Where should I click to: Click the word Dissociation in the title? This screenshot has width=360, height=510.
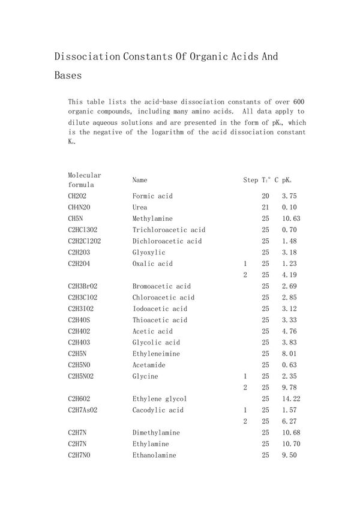(x=88, y=57)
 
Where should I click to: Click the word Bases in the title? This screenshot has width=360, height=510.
(x=68, y=76)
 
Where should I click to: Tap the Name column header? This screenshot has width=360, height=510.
(x=140, y=179)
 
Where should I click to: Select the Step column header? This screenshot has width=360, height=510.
(x=250, y=180)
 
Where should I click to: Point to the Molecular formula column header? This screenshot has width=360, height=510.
(x=85, y=180)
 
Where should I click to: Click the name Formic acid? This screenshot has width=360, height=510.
(x=152, y=196)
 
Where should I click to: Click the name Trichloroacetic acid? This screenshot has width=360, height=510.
(x=169, y=230)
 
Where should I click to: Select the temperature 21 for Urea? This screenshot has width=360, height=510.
(x=265, y=208)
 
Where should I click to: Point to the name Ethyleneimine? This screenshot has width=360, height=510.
(x=156, y=354)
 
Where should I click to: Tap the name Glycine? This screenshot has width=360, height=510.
(x=145, y=376)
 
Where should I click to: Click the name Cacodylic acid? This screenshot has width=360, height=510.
(x=158, y=410)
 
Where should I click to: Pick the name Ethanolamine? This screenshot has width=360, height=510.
(x=154, y=455)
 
